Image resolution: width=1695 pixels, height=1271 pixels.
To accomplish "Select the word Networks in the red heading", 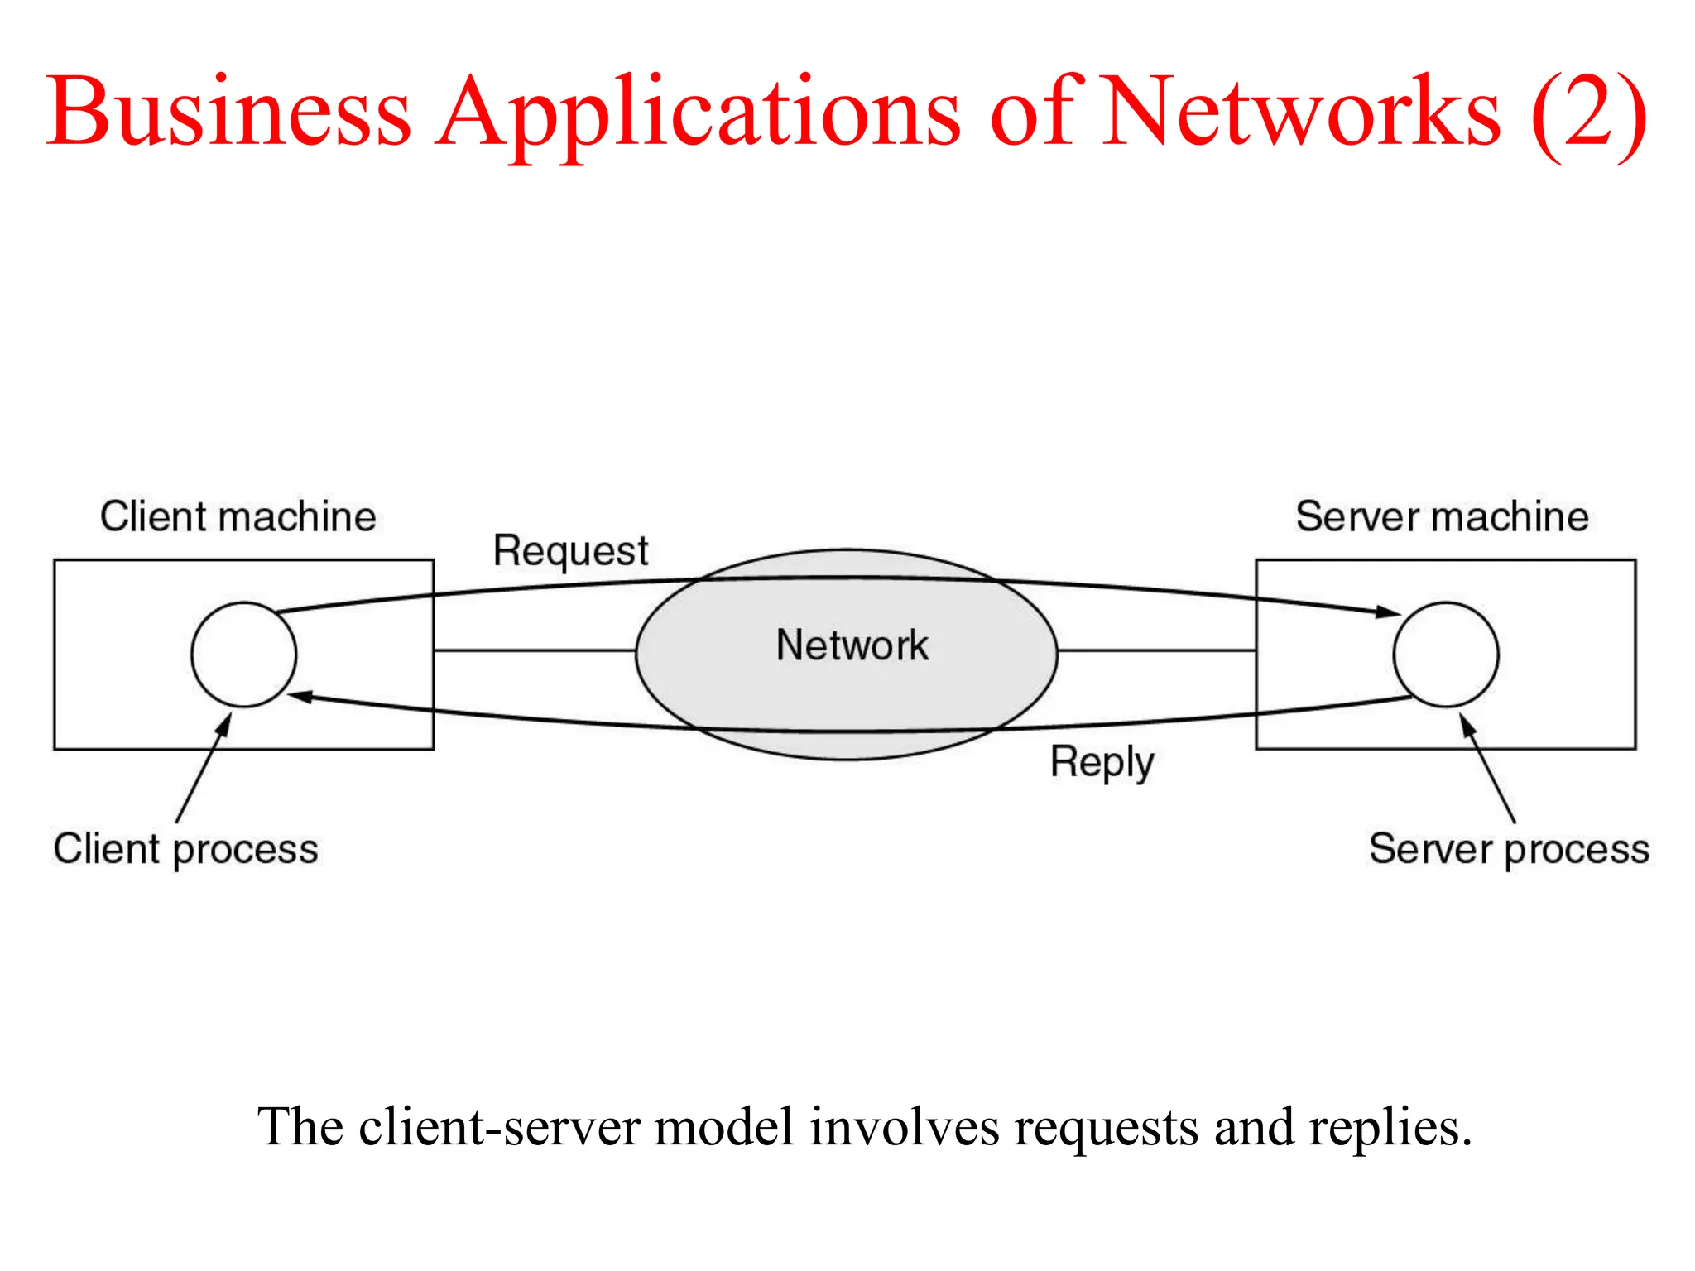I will pyautogui.click(x=1301, y=112).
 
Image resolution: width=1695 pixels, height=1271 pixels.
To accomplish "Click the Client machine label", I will pyautogui.click(x=238, y=516).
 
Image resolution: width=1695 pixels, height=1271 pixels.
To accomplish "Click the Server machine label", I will pyautogui.click(x=1442, y=516).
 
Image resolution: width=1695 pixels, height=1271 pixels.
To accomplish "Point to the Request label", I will pyautogui.click(x=570, y=551).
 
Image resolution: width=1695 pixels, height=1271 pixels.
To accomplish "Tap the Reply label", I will pyautogui.click(x=1102, y=762).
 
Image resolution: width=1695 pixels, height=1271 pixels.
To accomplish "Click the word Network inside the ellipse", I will pyautogui.click(x=852, y=645).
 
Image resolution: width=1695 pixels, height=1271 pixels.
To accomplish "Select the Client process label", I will pyautogui.click(x=185, y=849).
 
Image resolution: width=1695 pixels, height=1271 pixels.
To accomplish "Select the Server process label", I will pyautogui.click(x=1509, y=849).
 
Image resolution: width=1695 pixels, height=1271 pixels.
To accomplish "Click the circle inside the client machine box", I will pyautogui.click(x=243, y=655).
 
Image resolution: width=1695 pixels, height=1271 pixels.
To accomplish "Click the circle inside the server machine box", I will pyautogui.click(x=1445, y=655).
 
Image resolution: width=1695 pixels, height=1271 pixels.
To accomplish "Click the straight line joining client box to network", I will pyautogui.click(x=534, y=650).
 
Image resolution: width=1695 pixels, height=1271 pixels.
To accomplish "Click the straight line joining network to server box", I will pyautogui.click(x=1156, y=650).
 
